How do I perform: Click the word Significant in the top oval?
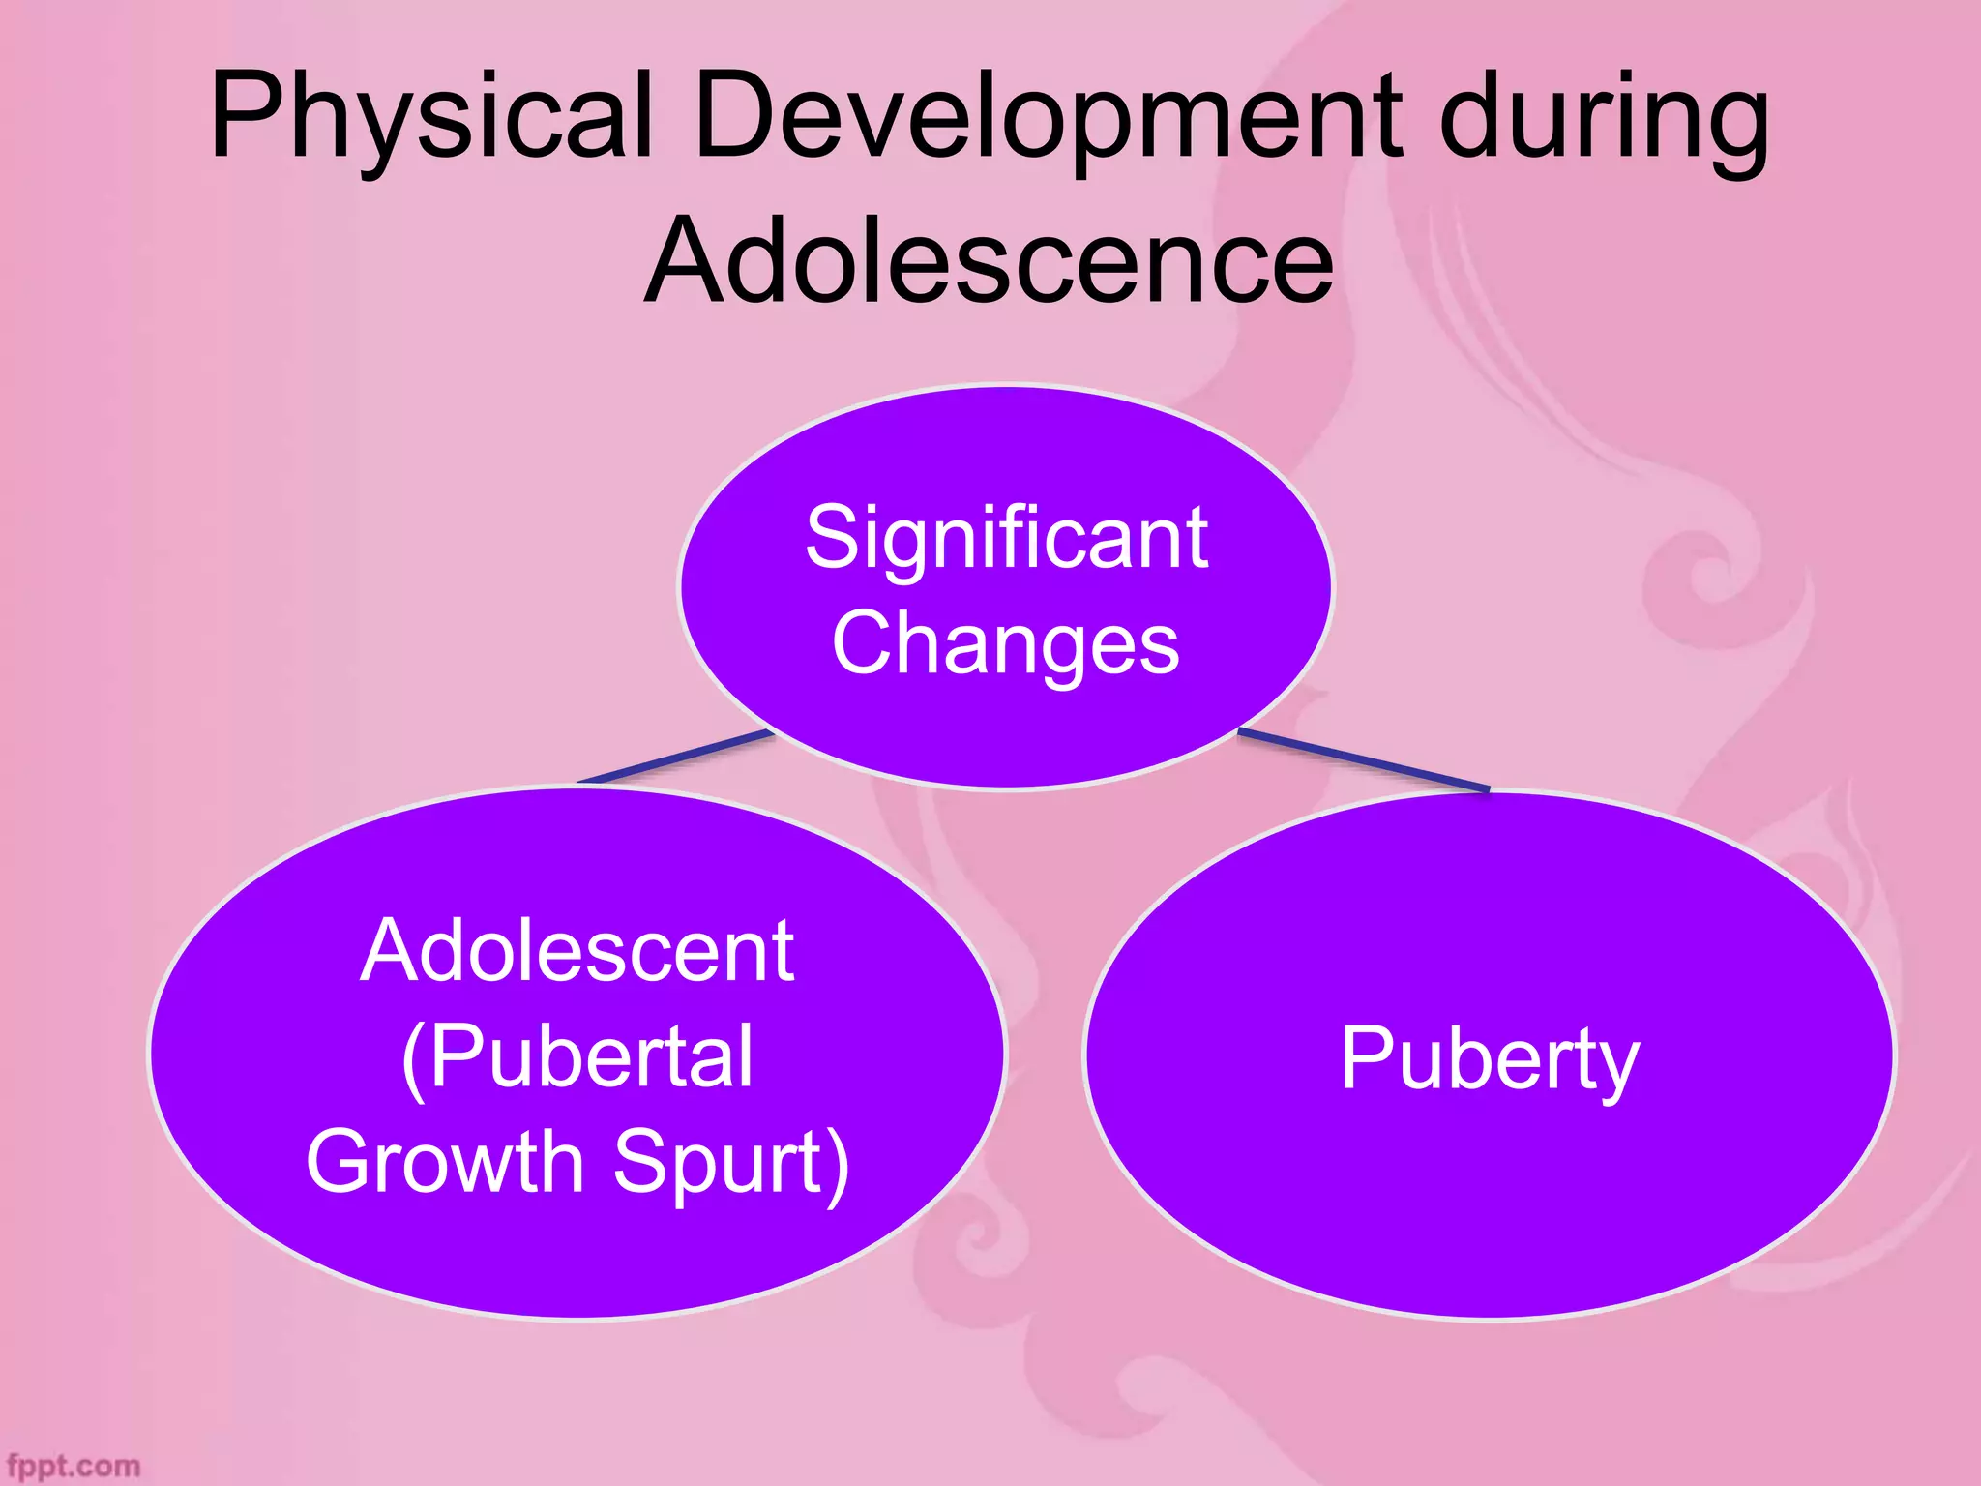pos(1006,538)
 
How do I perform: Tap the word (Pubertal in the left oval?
pos(577,1057)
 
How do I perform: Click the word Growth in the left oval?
pos(445,1161)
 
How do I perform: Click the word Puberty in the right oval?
pos(1490,1060)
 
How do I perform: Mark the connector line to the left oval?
pos(676,758)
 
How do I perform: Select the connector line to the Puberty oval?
pos(1364,761)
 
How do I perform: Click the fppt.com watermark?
pos(73,1466)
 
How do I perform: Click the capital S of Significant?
pos(834,538)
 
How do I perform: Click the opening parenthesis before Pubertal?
pos(414,1059)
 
